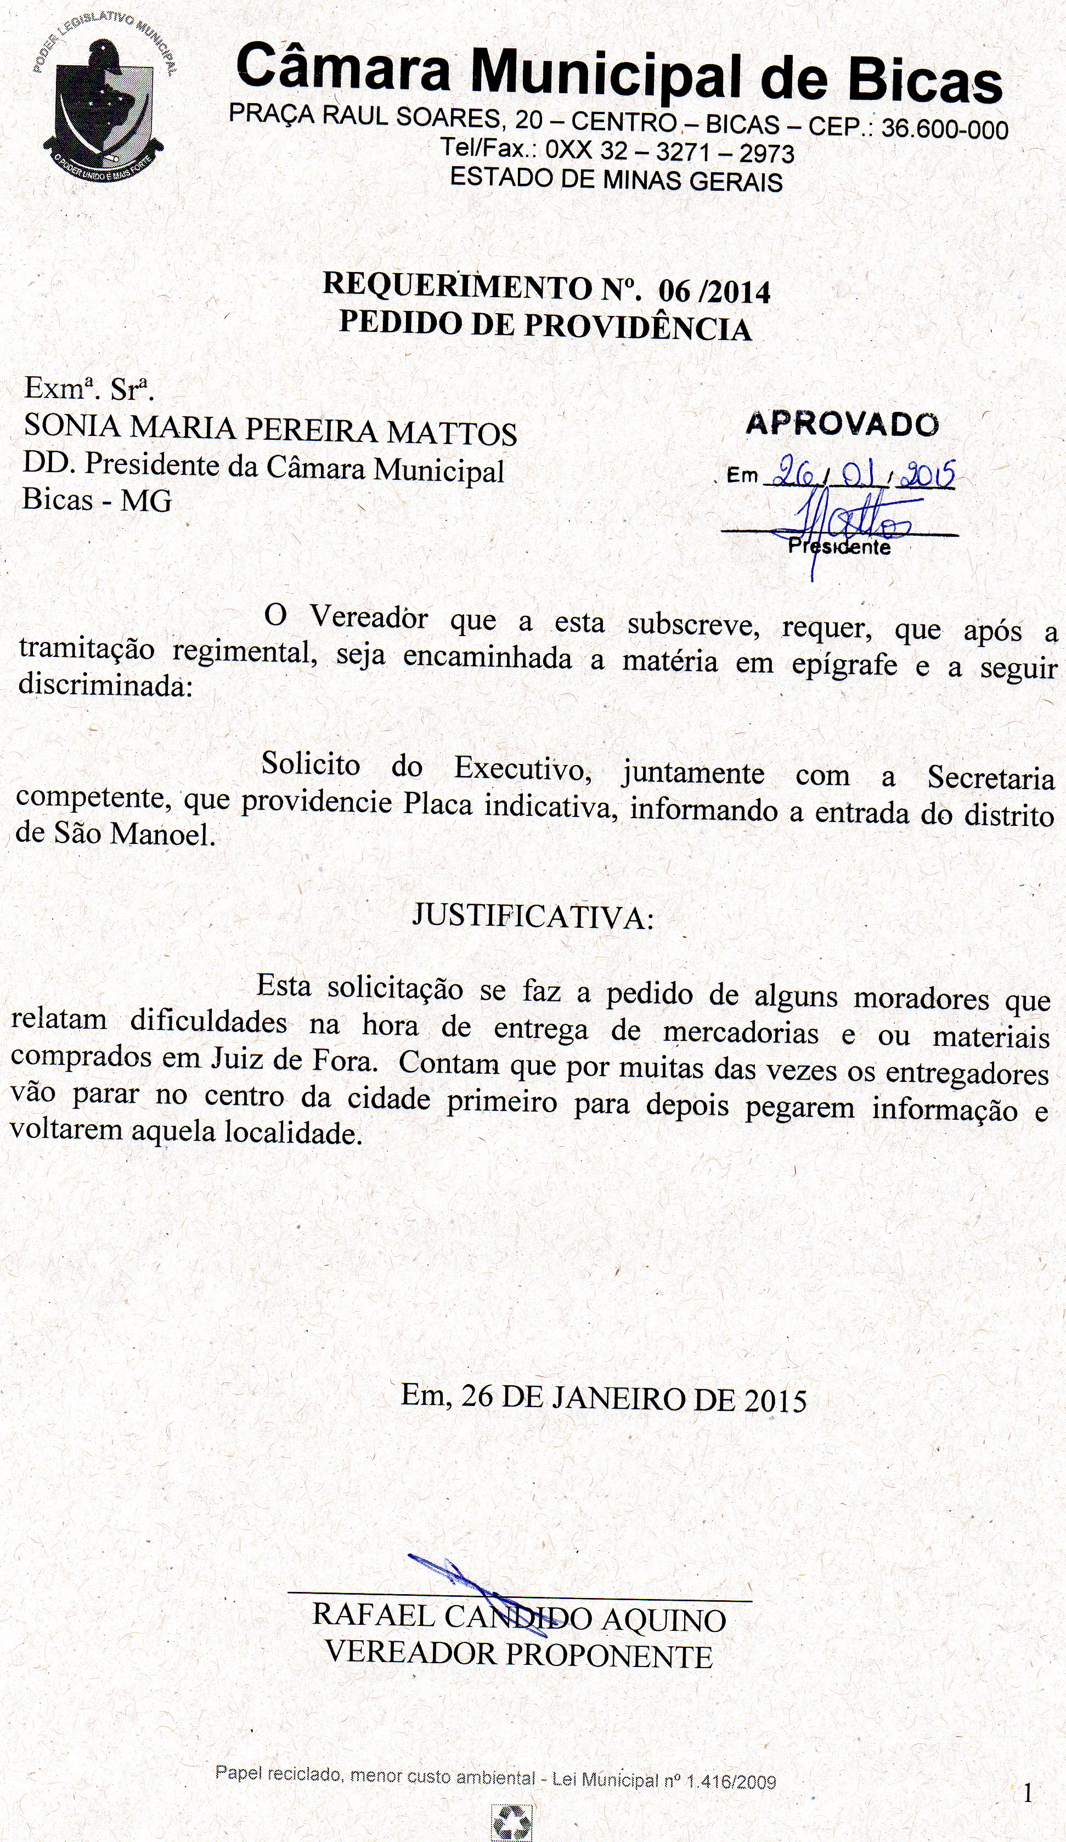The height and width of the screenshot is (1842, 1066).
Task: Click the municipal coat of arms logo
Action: (103, 110)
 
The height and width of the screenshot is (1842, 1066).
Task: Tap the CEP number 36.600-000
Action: (945, 129)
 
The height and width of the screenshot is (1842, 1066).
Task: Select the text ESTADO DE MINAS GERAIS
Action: (616, 179)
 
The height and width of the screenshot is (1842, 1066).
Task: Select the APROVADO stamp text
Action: (842, 424)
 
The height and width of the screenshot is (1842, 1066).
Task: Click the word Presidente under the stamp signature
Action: (839, 547)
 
